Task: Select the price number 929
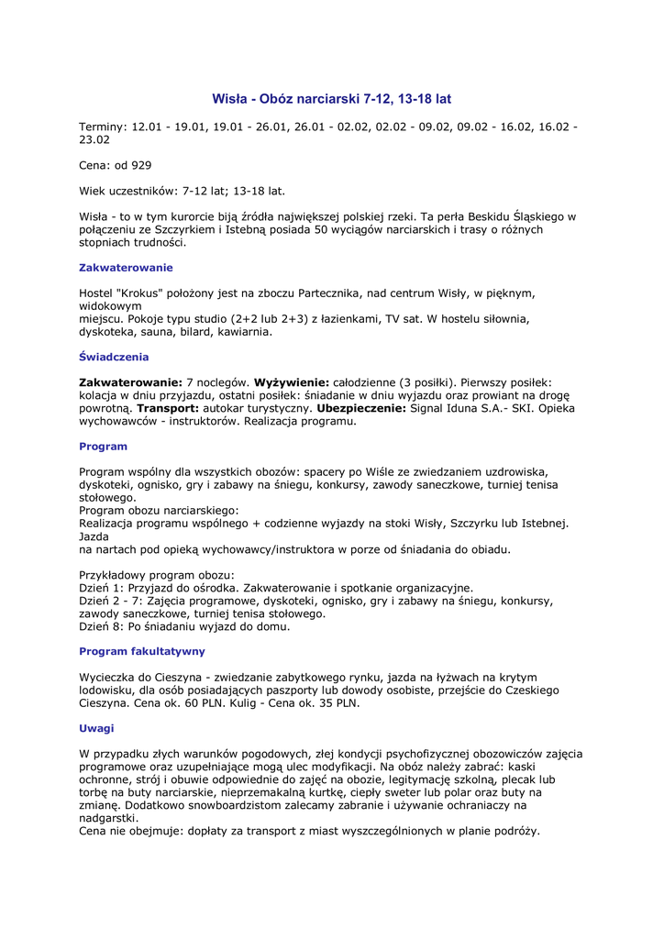(x=141, y=165)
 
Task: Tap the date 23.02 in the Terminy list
(x=94, y=139)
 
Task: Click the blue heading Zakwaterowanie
(x=126, y=268)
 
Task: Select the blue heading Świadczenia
(x=114, y=357)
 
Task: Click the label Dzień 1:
(x=101, y=588)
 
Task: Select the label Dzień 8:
(x=101, y=626)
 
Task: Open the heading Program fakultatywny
(x=142, y=651)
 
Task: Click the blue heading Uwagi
(x=96, y=728)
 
